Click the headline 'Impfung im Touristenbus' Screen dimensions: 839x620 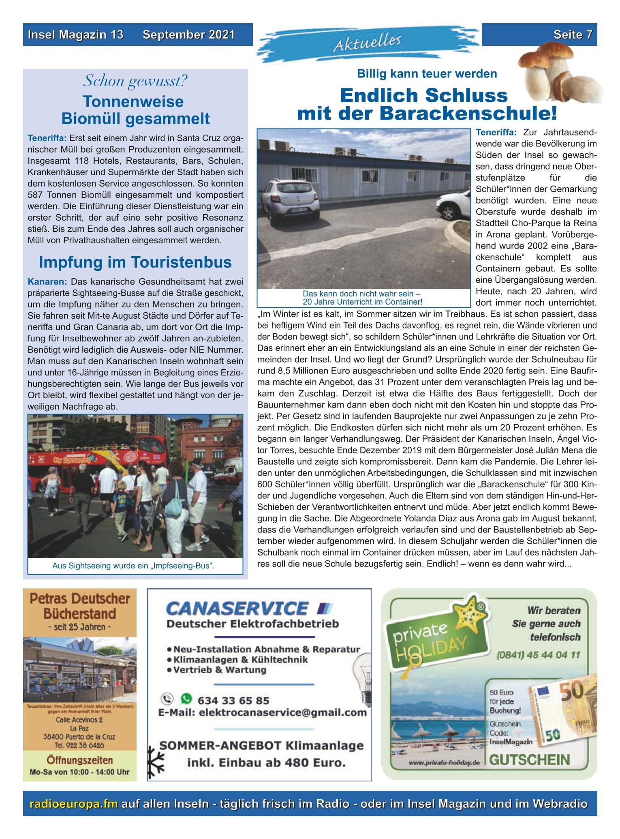(135, 262)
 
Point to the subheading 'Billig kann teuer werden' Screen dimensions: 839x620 (427, 74)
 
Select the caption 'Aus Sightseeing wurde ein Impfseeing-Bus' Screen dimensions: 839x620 (133, 566)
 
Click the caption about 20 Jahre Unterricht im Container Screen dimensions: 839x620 (363, 298)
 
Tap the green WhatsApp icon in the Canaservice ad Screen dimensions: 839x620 (186, 698)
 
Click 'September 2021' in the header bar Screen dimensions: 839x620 (188, 35)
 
